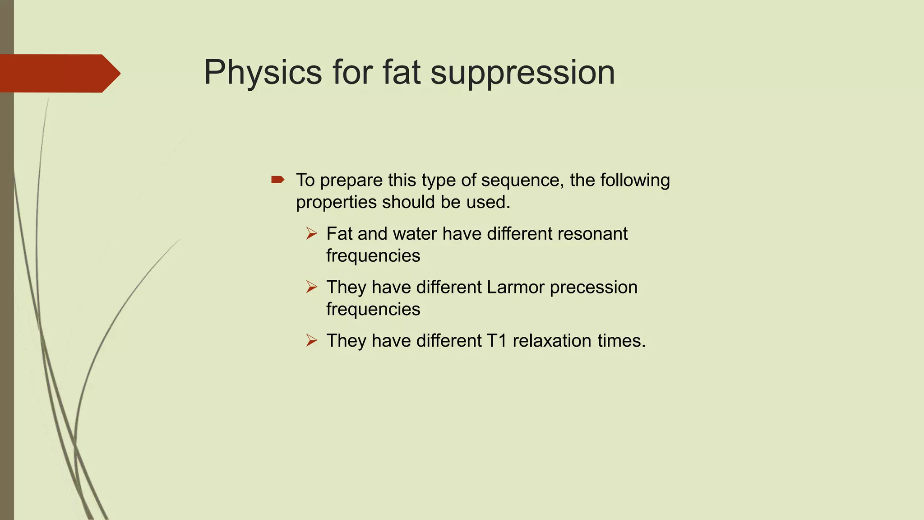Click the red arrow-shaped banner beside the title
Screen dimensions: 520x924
(59, 73)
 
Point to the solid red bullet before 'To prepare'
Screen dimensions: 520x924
(277, 180)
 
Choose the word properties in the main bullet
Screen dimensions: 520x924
(336, 202)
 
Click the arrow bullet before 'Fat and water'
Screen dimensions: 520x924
(311, 234)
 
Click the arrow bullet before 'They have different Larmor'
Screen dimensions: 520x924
(311, 287)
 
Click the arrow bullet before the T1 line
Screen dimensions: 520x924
(311, 340)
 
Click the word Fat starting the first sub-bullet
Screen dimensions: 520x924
(339, 234)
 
